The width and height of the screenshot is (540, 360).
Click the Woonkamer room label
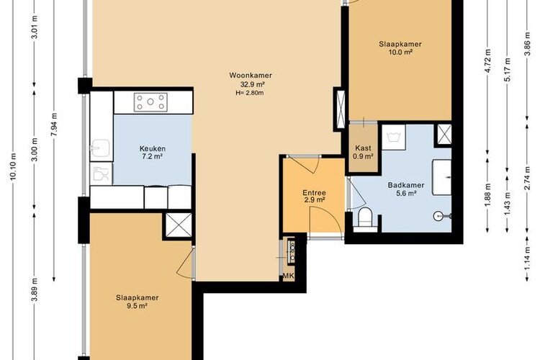(x=251, y=75)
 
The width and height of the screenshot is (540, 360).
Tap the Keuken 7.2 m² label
(x=152, y=152)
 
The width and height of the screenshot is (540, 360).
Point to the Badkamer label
(x=405, y=185)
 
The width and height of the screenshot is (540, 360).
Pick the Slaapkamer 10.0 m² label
(x=400, y=48)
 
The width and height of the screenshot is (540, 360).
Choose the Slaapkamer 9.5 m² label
(x=137, y=302)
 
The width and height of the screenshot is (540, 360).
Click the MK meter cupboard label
(x=288, y=276)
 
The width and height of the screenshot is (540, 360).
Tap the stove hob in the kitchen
(x=150, y=102)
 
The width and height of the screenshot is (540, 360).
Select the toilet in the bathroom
(x=364, y=217)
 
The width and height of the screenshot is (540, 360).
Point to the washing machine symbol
(x=394, y=137)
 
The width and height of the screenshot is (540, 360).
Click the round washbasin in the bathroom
(x=438, y=216)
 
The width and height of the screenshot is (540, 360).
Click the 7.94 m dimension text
(x=54, y=124)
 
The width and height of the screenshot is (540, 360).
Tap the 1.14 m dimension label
(x=527, y=258)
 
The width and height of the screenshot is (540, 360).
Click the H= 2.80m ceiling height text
(x=250, y=92)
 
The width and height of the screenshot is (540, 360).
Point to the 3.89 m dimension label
(x=34, y=289)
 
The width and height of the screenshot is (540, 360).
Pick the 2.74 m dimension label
(x=527, y=177)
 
